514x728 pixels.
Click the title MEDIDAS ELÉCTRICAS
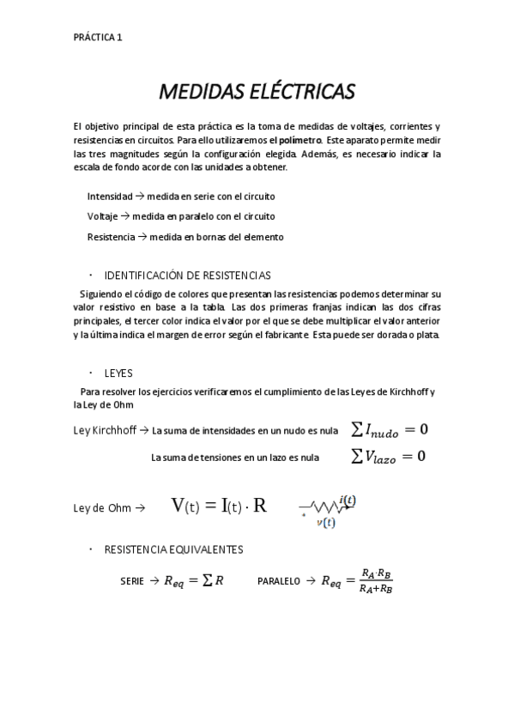[257, 91]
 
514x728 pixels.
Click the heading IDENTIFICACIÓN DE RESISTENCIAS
[187, 276]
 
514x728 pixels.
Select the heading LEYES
[118, 373]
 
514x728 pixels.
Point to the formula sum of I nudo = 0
[390, 429]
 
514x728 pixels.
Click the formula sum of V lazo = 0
[388, 457]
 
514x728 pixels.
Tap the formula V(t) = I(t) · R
[219, 506]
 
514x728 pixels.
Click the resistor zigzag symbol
[323, 507]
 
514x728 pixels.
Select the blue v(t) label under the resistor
[325, 521]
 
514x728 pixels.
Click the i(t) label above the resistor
[347, 500]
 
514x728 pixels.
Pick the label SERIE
[132, 581]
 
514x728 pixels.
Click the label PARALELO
[279, 581]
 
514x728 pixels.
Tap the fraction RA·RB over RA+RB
[376, 581]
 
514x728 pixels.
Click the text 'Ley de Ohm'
[101, 507]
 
